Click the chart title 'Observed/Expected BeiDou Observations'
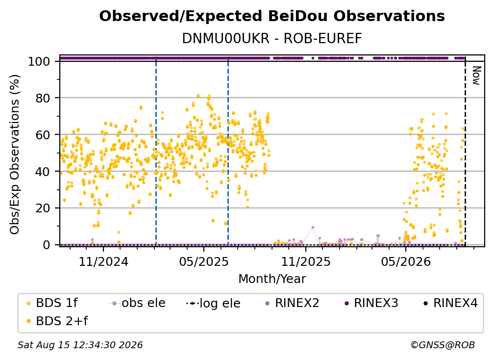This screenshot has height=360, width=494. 272,16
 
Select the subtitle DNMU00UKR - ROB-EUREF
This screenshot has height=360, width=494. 272,39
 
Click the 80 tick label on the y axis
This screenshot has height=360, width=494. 43,98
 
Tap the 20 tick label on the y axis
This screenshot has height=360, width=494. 43,208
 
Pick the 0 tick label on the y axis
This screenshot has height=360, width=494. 46,245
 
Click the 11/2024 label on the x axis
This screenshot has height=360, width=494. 103,261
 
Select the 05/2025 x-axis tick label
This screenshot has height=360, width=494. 204,261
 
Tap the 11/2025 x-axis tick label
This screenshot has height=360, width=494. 306,261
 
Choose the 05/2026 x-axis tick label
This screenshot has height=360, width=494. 406,261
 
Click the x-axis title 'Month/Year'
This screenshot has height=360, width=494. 272,279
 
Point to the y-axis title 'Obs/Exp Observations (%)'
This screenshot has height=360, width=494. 15,154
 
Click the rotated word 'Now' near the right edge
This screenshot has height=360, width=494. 476,76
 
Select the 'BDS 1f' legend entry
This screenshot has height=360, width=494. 52,303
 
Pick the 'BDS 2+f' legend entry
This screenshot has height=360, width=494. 57,321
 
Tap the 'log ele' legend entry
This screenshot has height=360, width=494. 213,303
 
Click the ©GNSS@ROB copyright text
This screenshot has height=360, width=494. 443,345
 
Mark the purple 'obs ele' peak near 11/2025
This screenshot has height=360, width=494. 313,227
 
